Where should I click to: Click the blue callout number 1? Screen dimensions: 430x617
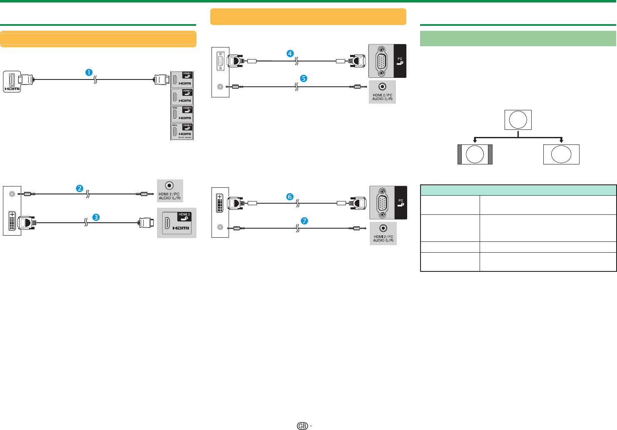pyautogui.click(x=89, y=72)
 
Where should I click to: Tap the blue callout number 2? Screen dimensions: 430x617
pyautogui.click(x=80, y=189)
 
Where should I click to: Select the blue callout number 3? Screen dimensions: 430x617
pyautogui.click(x=96, y=217)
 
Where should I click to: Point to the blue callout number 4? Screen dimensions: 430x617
pyautogui.click(x=290, y=53)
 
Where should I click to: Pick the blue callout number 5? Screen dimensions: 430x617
pyautogui.click(x=304, y=78)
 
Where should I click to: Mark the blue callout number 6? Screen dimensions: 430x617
pyautogui.click(x=290, y=197)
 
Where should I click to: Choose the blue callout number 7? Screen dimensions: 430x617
pyautogui.click(x=305, y=221)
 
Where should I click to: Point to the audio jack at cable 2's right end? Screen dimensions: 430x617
pyautogui.click(x=169, y=186)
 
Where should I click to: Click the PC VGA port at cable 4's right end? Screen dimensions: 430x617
pyautogui.click(x=381, y=61)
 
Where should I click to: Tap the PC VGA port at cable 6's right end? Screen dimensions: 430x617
pyautogui.click(x=382, y=203)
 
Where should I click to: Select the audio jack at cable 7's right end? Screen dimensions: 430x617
pyautogui.click(x=383, y=228)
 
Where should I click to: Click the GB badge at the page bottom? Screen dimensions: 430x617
pyautogui.click(x=303, y=426)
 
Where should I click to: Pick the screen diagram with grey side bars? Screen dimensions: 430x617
pyautogui.click(x=475, y=154)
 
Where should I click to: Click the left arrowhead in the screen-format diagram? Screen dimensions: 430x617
pyautogui.click(x=475, y=142)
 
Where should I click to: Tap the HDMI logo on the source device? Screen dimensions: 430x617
pyautogui.click(x=12, y=89)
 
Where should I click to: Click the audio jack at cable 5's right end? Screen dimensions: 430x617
pyautogui.click(x=382, y=87)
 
